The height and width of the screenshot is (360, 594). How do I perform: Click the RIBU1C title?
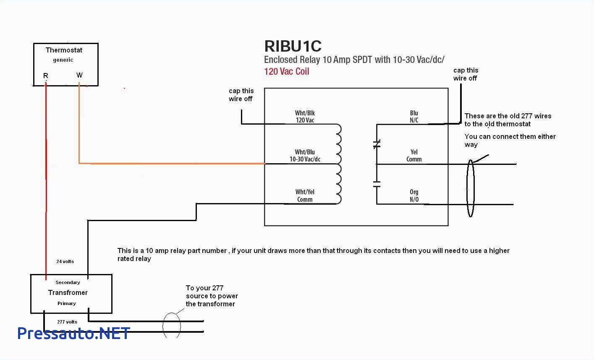tap(293, 46)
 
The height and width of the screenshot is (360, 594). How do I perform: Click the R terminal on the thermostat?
tap(46, 76)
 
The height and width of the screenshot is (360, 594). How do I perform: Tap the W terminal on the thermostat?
tap(79, 75)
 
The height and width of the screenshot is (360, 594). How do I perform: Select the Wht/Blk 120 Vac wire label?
tap(305, 117)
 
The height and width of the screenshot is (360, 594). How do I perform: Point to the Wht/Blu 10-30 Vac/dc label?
tap(305, 156)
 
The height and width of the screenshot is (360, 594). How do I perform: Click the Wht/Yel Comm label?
tap(305, 196)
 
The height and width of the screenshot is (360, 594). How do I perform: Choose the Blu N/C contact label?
tap(414, 117)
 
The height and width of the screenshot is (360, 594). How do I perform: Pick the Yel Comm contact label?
tap(414, 156)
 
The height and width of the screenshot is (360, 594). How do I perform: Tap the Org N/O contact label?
tap(414, 196)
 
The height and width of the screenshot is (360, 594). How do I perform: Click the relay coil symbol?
tap(338, 164)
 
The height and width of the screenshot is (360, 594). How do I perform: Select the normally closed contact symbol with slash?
tap(377, 145)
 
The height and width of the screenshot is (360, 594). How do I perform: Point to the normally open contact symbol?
tap(377, 184)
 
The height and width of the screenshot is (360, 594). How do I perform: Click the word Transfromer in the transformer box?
tap(68, 292)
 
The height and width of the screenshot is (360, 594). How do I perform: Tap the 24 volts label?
tap(65, 261)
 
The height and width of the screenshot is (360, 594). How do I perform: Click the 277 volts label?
tap(67, 322)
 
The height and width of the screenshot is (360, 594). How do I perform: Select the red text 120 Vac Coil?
tap(286, 71)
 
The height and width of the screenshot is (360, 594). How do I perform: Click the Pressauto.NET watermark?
tap(73, 333)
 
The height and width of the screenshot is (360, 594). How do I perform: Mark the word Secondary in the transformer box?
tap(68, 282)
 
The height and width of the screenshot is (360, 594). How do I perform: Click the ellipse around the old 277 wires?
tap(470, 189)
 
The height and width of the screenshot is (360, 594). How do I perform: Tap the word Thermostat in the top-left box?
tap(64, 50)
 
